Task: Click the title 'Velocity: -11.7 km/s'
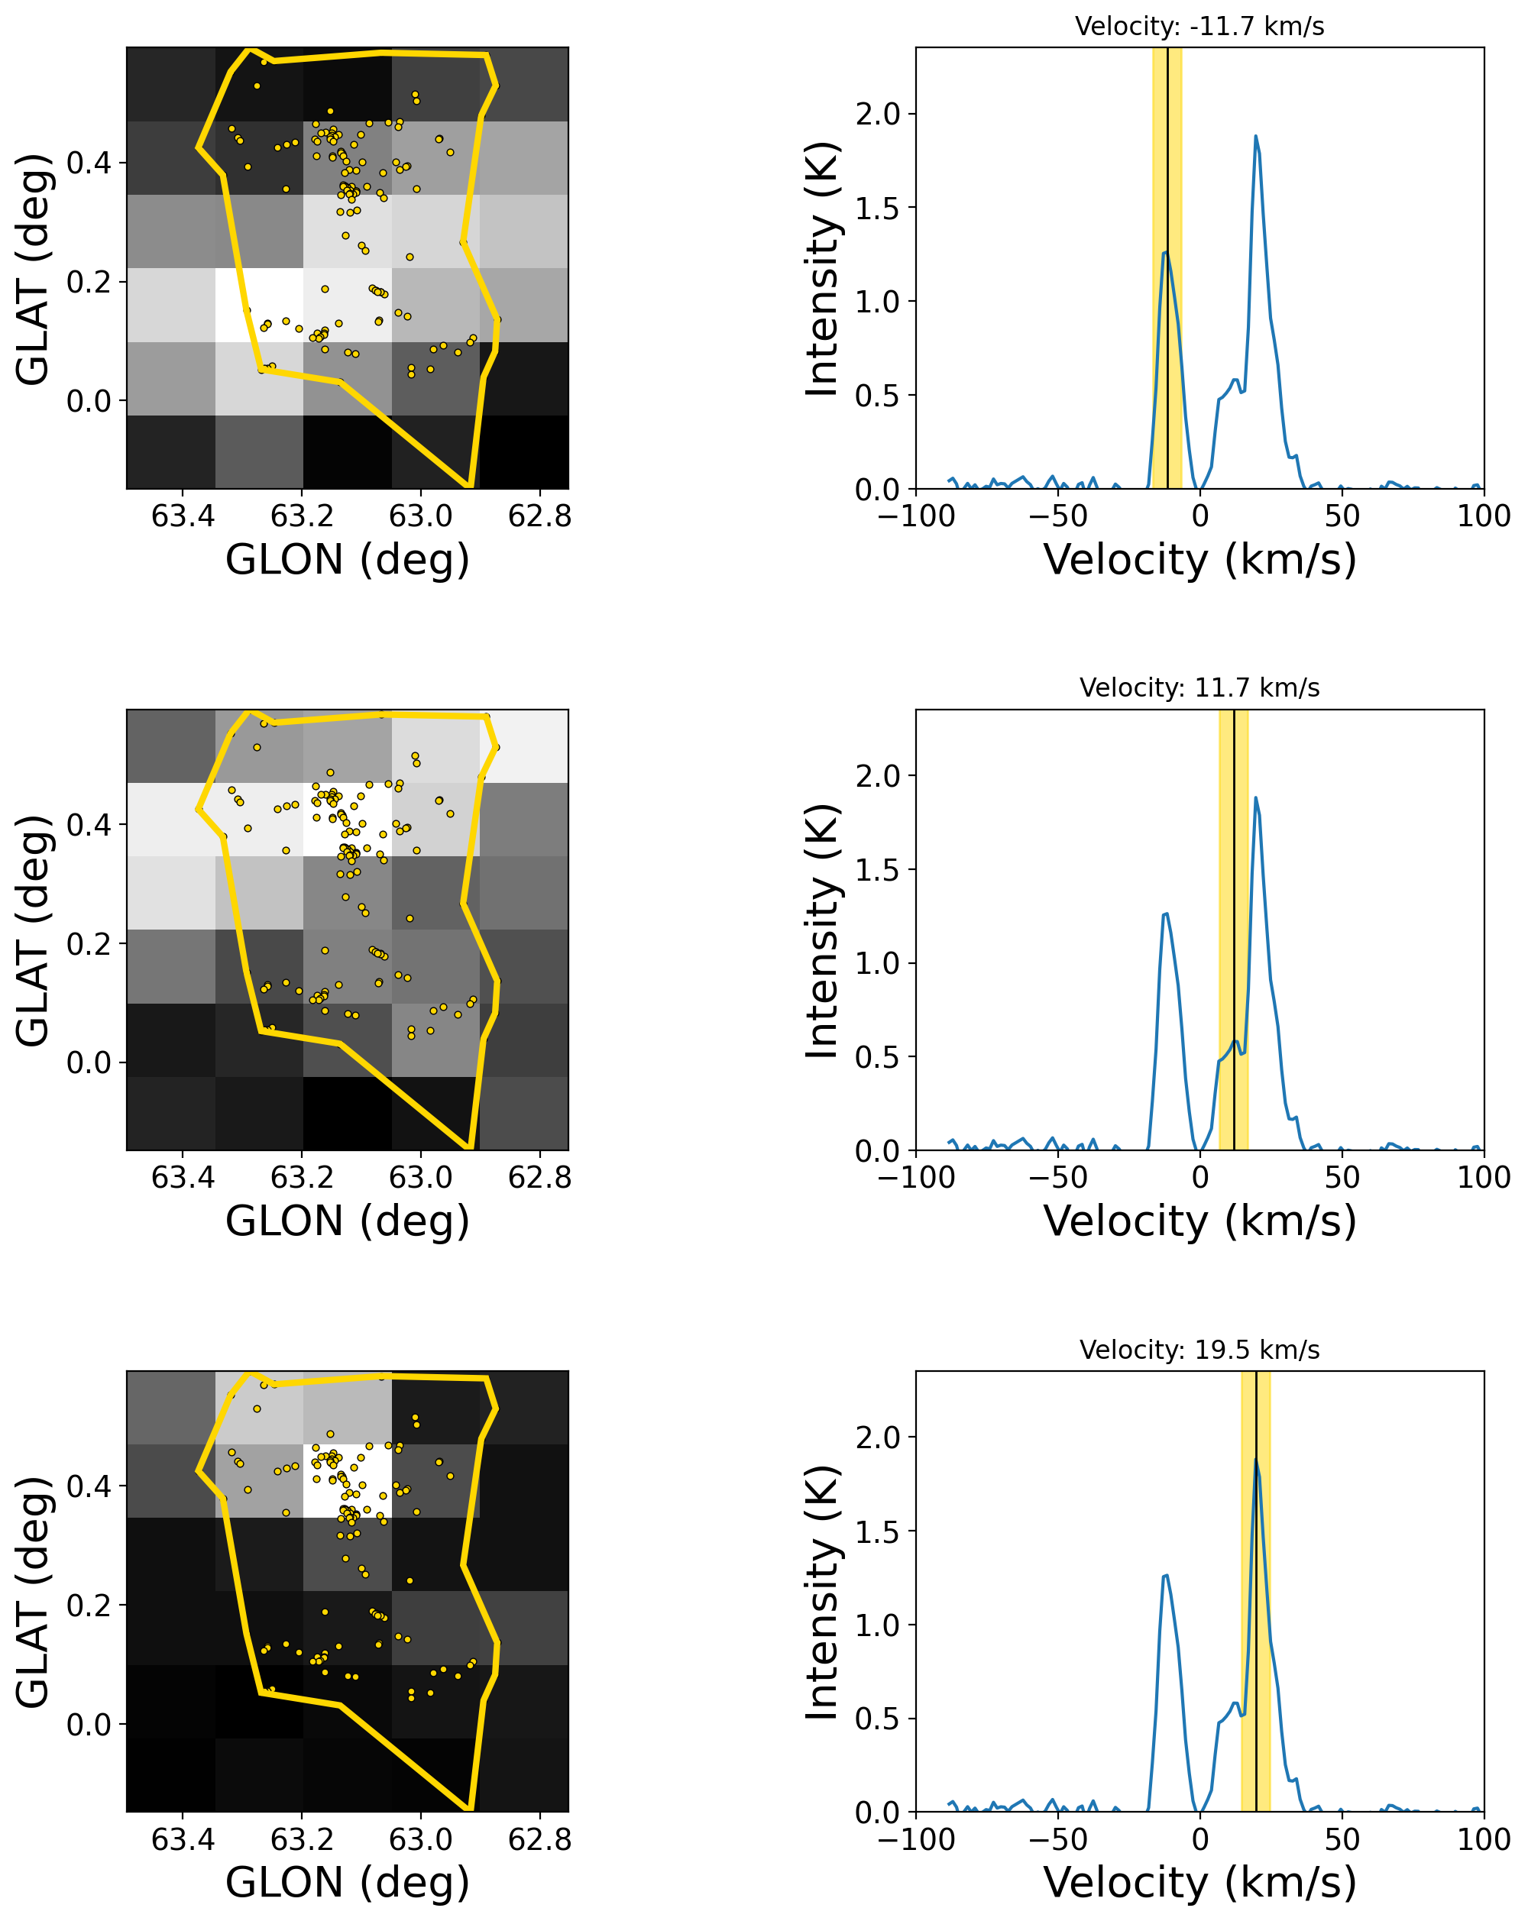click(x=1199, y=26)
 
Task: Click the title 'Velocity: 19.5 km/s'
click(x=1199, y=1349)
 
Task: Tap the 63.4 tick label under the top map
click(x=183, y=515)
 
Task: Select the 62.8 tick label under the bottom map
click(x=539, y=1839)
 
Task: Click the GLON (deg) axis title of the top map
click(x=348, y=560)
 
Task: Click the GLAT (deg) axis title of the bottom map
click(x=33, y=1593)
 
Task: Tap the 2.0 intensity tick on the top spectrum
click(x=879, y=114)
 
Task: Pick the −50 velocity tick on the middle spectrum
click(x=1057, y=1177)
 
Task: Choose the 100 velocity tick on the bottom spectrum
click(x=1484, y=1839)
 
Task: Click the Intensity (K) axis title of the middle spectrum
click(x=822, y=931)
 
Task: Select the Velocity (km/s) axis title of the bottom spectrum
click(x=1199, y=1883)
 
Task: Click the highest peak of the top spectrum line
click(x=1255, y=136)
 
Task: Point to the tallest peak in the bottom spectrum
click(x=1255, y=1460)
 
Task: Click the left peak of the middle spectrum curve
click(x=1165, y=914)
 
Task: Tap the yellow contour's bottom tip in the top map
click(x=468, y=486)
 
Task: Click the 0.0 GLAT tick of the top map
click(x=89, y=401)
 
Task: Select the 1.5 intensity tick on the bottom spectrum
click(x=879, y=1531)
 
